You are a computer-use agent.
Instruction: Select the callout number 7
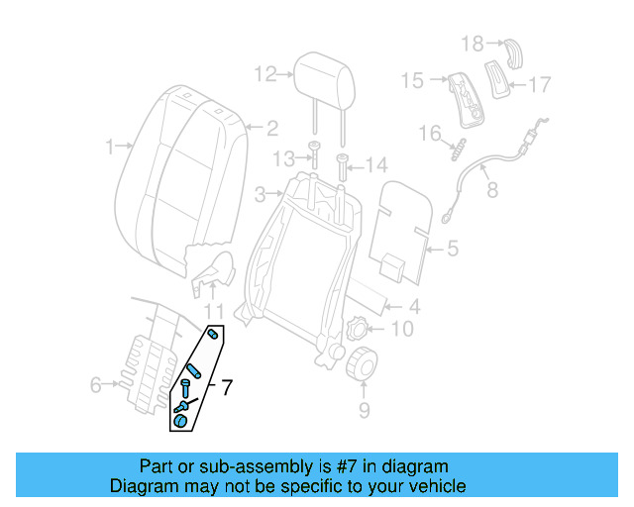pyautogui.click(x=227, y=387)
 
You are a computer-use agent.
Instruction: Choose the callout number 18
pyautogui.click(x=473, y=43)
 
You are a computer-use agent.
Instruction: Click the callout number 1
pyautogui.click(x=110, y=148)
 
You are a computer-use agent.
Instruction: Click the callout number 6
pyautogui.click(x=95, y=384)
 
